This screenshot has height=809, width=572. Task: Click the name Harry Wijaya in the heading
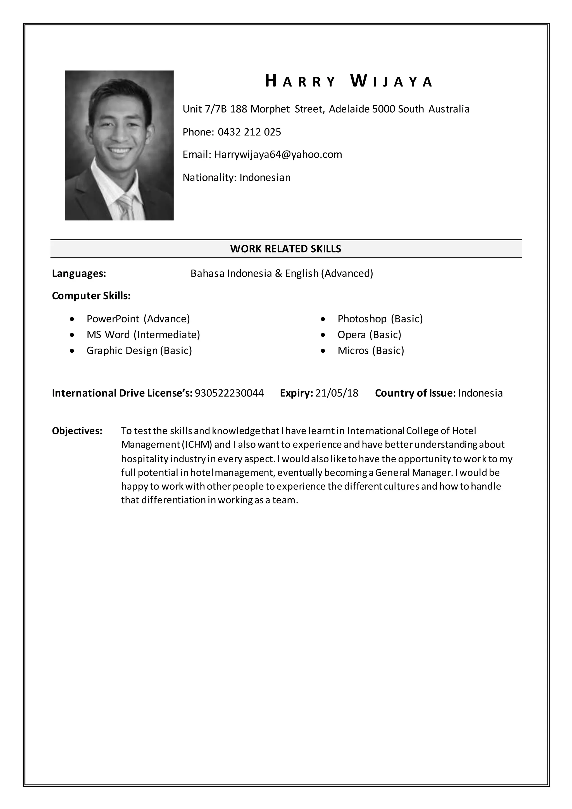pos(348,81)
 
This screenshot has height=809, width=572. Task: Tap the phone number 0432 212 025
pos(249,132)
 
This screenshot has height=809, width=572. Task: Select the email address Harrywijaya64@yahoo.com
pos(278,154)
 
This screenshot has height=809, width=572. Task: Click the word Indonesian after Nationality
pos(265,177)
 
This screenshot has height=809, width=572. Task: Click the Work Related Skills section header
pos(286,249)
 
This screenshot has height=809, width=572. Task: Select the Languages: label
pos(79,273)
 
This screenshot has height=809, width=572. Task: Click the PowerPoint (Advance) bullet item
pos(138,319)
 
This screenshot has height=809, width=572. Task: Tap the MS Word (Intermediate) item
pos(143,335)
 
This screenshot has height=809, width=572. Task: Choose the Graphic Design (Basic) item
pos(139,351)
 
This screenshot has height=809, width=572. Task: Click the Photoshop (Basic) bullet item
pos(380,319)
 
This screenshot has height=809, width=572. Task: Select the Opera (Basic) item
pos(369,335)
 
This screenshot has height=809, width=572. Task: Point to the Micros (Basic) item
pos(371,351)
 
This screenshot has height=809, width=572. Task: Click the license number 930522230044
pos(229,393)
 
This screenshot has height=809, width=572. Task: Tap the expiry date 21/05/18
pos(337,393)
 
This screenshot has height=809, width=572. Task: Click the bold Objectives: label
pos(77,431)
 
